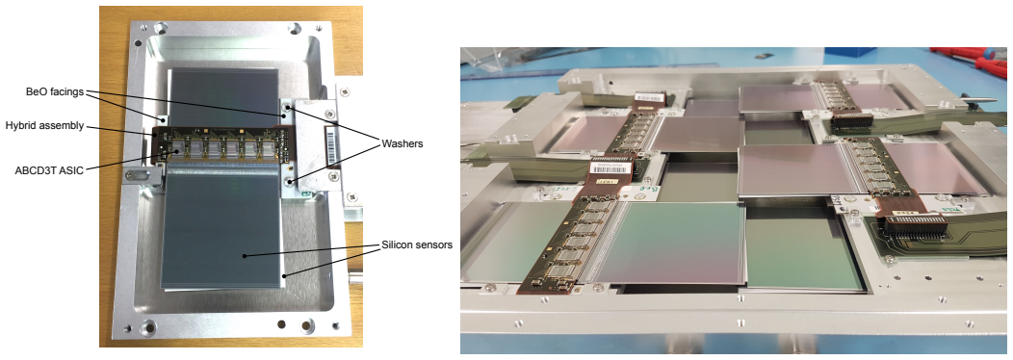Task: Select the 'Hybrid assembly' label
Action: [43, 126]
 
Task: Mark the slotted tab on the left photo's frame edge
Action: [143, 173]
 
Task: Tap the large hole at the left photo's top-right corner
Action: [296, 29]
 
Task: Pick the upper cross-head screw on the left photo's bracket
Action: [331, 114]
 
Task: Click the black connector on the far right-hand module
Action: [851, 120]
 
